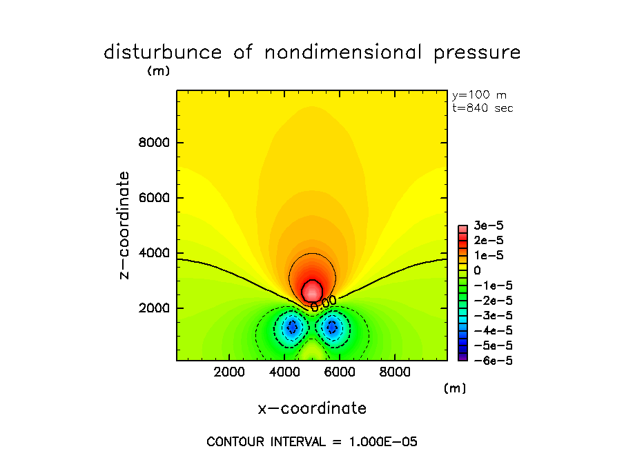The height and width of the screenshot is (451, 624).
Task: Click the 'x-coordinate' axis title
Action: (312, 408)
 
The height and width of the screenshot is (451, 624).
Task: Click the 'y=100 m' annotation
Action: (478, 95)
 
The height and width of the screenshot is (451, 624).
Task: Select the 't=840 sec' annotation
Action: (482, 108)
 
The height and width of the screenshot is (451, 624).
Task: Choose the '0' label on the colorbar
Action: (477, 271)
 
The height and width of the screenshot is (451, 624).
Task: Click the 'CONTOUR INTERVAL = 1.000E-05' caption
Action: (312, 441)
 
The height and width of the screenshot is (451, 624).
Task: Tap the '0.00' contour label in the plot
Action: (323, 302)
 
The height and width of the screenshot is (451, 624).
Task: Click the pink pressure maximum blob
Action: (313, 290)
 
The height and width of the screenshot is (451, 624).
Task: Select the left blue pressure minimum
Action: (292, 327)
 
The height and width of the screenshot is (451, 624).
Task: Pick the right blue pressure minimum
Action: (333, 327)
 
